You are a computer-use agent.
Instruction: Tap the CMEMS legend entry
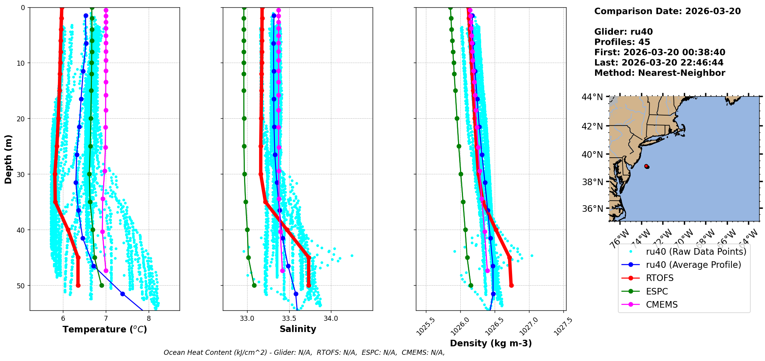point(662,305)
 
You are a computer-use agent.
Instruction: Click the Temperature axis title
point(105,329)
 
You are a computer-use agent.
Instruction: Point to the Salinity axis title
point(298,329)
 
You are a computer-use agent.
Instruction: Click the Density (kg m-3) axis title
point(491,343)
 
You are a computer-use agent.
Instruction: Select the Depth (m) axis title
point(8,159)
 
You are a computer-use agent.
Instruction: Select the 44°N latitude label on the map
point(592,97)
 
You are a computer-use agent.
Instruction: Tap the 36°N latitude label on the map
point(592,209)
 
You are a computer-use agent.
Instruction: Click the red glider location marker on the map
point(646,166)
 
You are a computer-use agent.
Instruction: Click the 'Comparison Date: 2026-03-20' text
point(667,11)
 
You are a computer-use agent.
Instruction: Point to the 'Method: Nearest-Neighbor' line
point(660,73)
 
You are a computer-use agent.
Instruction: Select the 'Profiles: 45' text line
point(622,42)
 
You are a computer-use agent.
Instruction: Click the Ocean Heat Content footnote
point(304,352)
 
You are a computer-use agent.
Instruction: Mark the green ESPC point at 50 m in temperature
point(102,286)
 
